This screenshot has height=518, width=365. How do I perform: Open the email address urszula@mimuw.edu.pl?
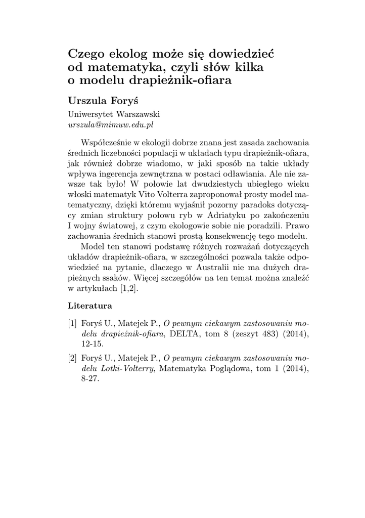click(110, 124)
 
